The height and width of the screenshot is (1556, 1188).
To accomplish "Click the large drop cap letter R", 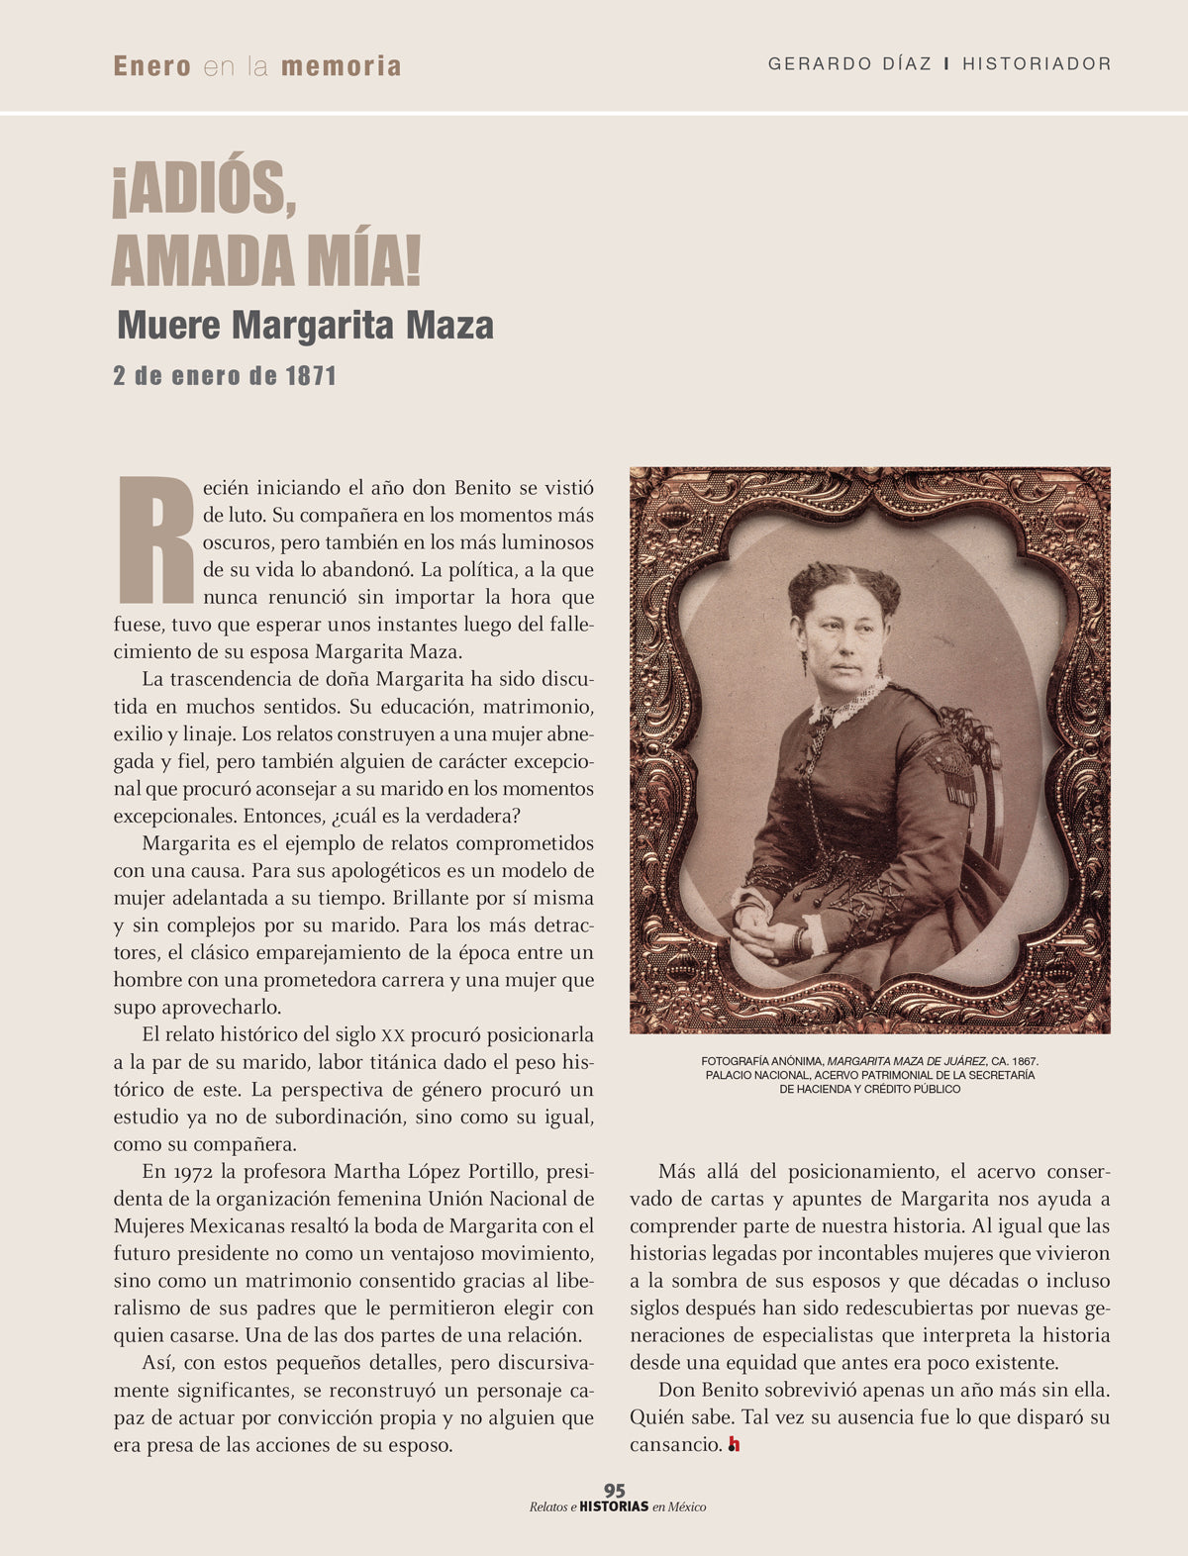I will (x=155, y=539).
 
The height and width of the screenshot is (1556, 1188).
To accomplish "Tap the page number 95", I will (x=614, y=1490).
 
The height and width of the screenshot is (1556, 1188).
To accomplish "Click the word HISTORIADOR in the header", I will (x=1037, y=63).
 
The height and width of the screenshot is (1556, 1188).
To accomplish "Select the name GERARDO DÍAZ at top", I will (x=849, y=63).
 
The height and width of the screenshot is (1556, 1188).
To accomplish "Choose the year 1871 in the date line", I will (x=311, y=376).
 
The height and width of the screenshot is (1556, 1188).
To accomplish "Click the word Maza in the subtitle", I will (x=449, y=325).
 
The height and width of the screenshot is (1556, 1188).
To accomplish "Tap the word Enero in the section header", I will (x=152, y=66).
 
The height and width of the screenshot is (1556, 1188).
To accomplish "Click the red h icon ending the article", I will (x=734, y=1445).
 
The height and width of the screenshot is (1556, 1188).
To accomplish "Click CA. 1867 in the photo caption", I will (x=1014, y=1060).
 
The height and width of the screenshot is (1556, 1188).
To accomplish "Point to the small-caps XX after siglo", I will (x=392, y=1035).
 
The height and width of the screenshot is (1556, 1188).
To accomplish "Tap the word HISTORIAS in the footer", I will (x=614, y=1507).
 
